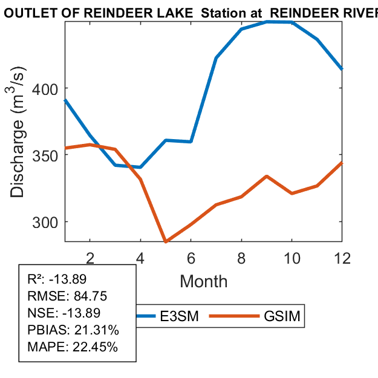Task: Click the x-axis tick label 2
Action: [x=90, y=258]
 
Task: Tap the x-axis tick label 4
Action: [x=140, y=258]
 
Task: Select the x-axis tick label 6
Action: [x=191, y=258]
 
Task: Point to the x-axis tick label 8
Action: [x=241, y=258]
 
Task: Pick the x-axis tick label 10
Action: [x=292, y=258]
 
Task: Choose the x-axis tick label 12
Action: [x=342, y=258]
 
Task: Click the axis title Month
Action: [x=204, y=281]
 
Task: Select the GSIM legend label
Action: [x=282, y=317]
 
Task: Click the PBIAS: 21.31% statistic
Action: [x=73, y=330]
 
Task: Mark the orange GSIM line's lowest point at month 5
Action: [x=166, y=241]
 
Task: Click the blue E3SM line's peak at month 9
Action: [x=267, y=22]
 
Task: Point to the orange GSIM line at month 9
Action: [x=267, y=177]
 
